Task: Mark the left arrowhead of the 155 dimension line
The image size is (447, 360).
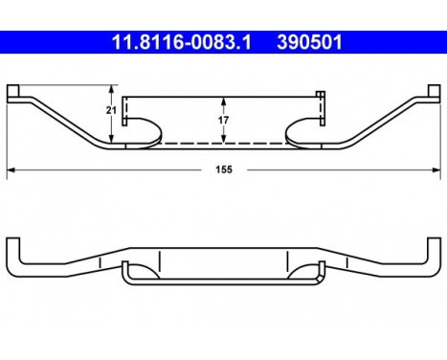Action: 11,170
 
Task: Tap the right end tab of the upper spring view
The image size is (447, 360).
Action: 431,92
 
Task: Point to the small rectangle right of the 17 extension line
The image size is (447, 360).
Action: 320,96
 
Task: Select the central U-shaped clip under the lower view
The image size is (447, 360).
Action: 222,279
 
